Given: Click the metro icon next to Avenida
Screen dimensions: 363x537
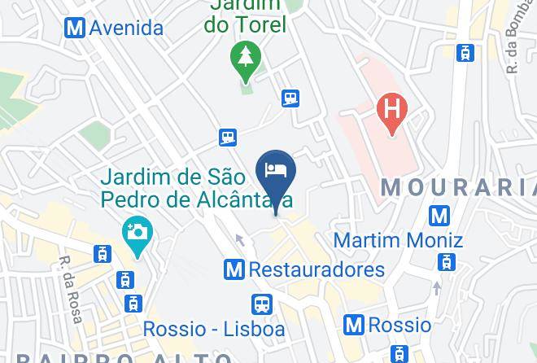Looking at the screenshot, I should point(76,28).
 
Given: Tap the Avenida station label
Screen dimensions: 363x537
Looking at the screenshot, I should point(126,28).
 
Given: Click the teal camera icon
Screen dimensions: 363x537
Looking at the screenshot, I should point(137,232).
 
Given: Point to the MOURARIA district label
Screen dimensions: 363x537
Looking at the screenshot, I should point(458,188).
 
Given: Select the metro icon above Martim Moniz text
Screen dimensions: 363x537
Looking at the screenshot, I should point(440,216).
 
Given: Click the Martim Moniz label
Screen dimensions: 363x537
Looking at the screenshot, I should point(398,241).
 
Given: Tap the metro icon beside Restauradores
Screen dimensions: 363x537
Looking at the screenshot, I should point(235,269).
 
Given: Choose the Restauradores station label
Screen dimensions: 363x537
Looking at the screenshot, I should point(317,269).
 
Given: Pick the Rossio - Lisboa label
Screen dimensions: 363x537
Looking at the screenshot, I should point(214,329).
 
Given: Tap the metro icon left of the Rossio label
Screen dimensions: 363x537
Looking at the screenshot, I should point(354,325).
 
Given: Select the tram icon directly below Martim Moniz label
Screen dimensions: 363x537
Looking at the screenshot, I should point(446,262).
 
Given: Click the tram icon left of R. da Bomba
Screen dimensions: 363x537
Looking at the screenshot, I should point(465,54).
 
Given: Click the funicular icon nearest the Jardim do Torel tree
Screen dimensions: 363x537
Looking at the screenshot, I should point(290,98).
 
